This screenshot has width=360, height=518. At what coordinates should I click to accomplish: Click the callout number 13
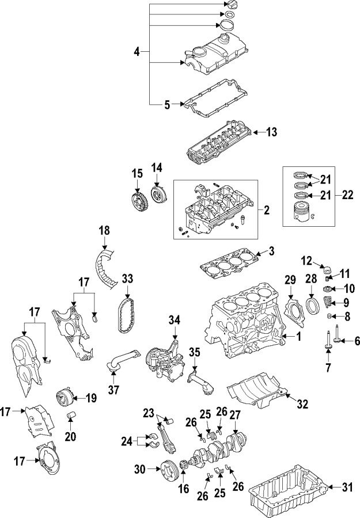(272, 132)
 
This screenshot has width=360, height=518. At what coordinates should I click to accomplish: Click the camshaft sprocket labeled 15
(137, 203)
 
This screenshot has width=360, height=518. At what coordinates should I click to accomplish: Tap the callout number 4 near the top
(137, 52)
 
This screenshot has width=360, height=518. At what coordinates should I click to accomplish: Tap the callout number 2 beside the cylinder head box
(267, 211)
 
